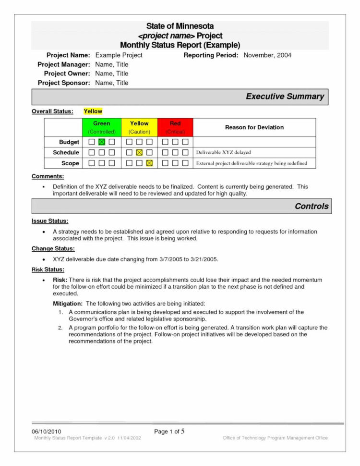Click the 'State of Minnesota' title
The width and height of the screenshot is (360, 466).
click(x=180, y=26)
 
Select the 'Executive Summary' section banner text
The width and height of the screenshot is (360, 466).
click(x=285, y=97)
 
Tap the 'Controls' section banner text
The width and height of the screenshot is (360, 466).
click(x=312, y=207)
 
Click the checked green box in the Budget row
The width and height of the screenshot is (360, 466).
click(x=102, y=142)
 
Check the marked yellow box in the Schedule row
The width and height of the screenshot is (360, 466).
click(x=139, y=153)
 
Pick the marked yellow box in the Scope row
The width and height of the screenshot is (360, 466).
click(x=149, y=163)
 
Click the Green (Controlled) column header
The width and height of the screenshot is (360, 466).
click(x=102, y=127)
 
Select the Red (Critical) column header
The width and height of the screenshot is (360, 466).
click(x=175, y=127)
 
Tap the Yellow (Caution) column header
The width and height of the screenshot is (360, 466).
click(x=139, y=127)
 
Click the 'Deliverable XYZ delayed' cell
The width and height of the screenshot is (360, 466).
click(x=223, y=153)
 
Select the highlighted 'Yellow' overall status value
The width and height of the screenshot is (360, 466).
click(x=93, y=111)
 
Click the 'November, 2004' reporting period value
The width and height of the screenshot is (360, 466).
click(x=267, y=55)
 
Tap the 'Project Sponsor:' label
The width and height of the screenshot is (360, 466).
click(x=64, y=83)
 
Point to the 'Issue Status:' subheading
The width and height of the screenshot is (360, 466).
click(x=50, y=221)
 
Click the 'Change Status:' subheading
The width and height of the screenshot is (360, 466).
click(x=53, y=248)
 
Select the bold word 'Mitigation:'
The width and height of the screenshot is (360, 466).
click(x=67, y=304)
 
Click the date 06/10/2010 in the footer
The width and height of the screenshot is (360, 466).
click(x=47, y=431)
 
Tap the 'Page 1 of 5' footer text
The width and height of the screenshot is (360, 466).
click(x=169, y=431)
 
